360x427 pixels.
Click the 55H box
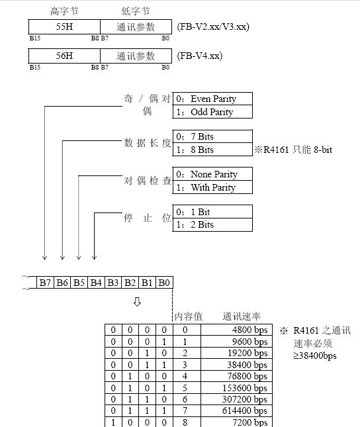(x=64, y=26)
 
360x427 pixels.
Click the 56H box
(x=64, y=57)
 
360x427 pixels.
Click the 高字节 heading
(x=64, y=11)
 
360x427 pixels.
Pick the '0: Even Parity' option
(x=212, y=99)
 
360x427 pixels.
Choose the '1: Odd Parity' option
(x=212, y=112)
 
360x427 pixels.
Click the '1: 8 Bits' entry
(x=212, y=150)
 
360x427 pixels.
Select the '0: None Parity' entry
(x=212, y=174)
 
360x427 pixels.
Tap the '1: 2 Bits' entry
(x=212, y=224)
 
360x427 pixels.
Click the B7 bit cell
(x=45, y=283)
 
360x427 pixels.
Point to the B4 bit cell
(x=97, y=283)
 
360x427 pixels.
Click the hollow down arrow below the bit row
(x=137, y=303)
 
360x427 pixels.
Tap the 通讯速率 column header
(x=241, y=316)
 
